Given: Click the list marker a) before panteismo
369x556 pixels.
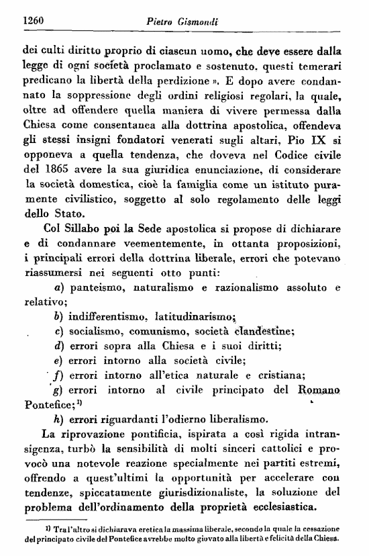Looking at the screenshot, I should point(58,287).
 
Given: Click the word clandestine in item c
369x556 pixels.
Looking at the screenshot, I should point(262,331).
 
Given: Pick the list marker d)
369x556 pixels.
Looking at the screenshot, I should point(58,346).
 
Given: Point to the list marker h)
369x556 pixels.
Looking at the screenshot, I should point(58,420).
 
